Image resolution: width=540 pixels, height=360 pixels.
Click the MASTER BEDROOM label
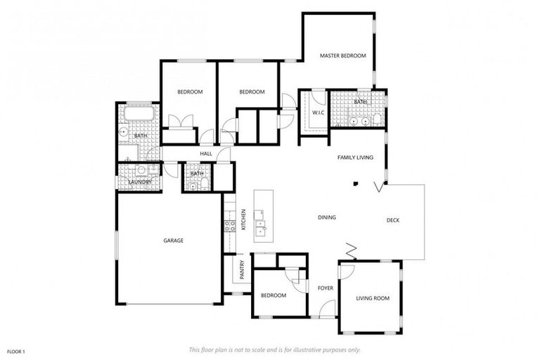(342, 56)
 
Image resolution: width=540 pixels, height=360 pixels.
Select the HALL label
(206, 154)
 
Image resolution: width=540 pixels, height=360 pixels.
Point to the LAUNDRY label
(140, 183)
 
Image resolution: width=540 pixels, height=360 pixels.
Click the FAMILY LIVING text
(355, 157)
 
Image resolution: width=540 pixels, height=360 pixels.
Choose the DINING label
(327, 217)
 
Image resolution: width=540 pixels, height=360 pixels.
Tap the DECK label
(393, 221)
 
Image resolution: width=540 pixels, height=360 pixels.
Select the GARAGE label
(174, 240)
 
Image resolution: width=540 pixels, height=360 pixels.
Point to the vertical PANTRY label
(243, 271)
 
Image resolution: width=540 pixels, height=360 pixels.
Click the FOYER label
(325, 288)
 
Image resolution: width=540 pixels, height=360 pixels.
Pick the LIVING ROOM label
(372, 298)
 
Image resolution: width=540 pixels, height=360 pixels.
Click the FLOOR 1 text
(16, 350)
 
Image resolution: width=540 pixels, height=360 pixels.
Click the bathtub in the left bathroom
(137, 113)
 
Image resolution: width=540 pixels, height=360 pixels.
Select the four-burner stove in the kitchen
(229, 226)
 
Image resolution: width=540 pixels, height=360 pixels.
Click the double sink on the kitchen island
(260, 226)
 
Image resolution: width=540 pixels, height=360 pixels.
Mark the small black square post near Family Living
(356, 184)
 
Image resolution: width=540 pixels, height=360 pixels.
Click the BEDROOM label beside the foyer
(274, 295)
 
